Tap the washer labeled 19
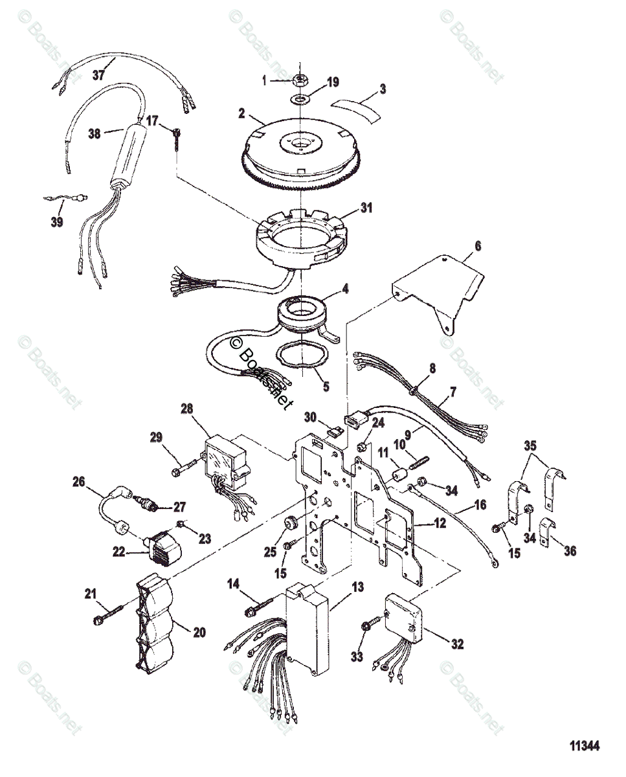[302, 99]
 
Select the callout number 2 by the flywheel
[241, 112]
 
